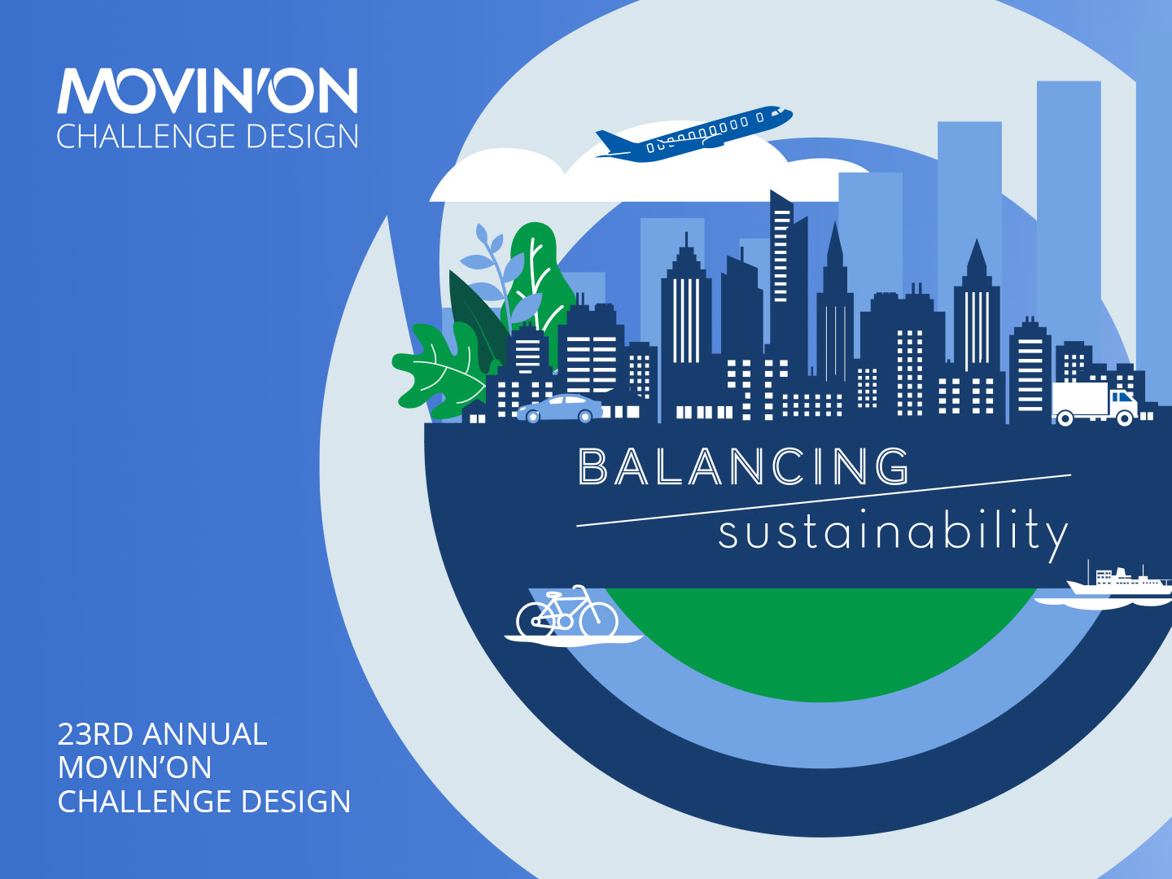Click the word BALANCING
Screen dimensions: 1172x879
pos(743,466)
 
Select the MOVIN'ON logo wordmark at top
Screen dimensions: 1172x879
pos(208,90)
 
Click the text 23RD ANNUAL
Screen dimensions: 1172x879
pos(162,734)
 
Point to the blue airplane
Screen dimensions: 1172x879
pos(694,134)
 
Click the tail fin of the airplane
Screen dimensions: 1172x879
pos(610,141)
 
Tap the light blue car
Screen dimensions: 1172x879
pos(560,409)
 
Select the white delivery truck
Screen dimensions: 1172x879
pos(1095,404)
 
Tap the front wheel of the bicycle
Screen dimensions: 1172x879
pos(598,619)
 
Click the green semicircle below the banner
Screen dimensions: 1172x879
pos(820,641)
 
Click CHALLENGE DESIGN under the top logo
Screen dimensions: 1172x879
pos(208,136)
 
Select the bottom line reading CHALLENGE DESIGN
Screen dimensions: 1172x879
pos(204,802)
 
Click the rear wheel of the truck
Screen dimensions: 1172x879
pos(1065,418)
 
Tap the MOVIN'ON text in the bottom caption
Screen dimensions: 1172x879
pos(134,767)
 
